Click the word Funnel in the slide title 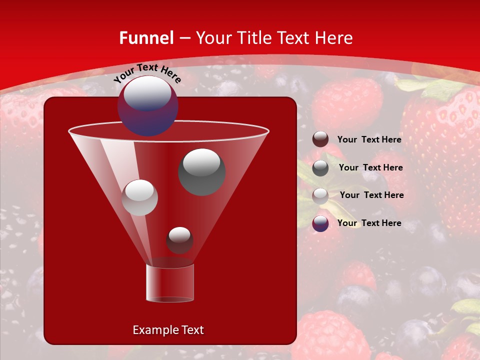point(146,38)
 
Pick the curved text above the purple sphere point(147,73)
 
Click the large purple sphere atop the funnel point(147,105)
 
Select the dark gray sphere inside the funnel point(201,171)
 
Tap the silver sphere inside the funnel point(139,197)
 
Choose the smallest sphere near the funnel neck point(179,240)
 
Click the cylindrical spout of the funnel point(170,283)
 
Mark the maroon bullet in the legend point(320,139)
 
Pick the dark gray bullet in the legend point(320,168)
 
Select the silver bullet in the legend point(320,196)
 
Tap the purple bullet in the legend point(320,223)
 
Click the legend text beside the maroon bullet point(369,140)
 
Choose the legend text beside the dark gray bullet point(370,168)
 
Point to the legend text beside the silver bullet point(371,195)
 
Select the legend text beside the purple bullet point(369,223)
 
